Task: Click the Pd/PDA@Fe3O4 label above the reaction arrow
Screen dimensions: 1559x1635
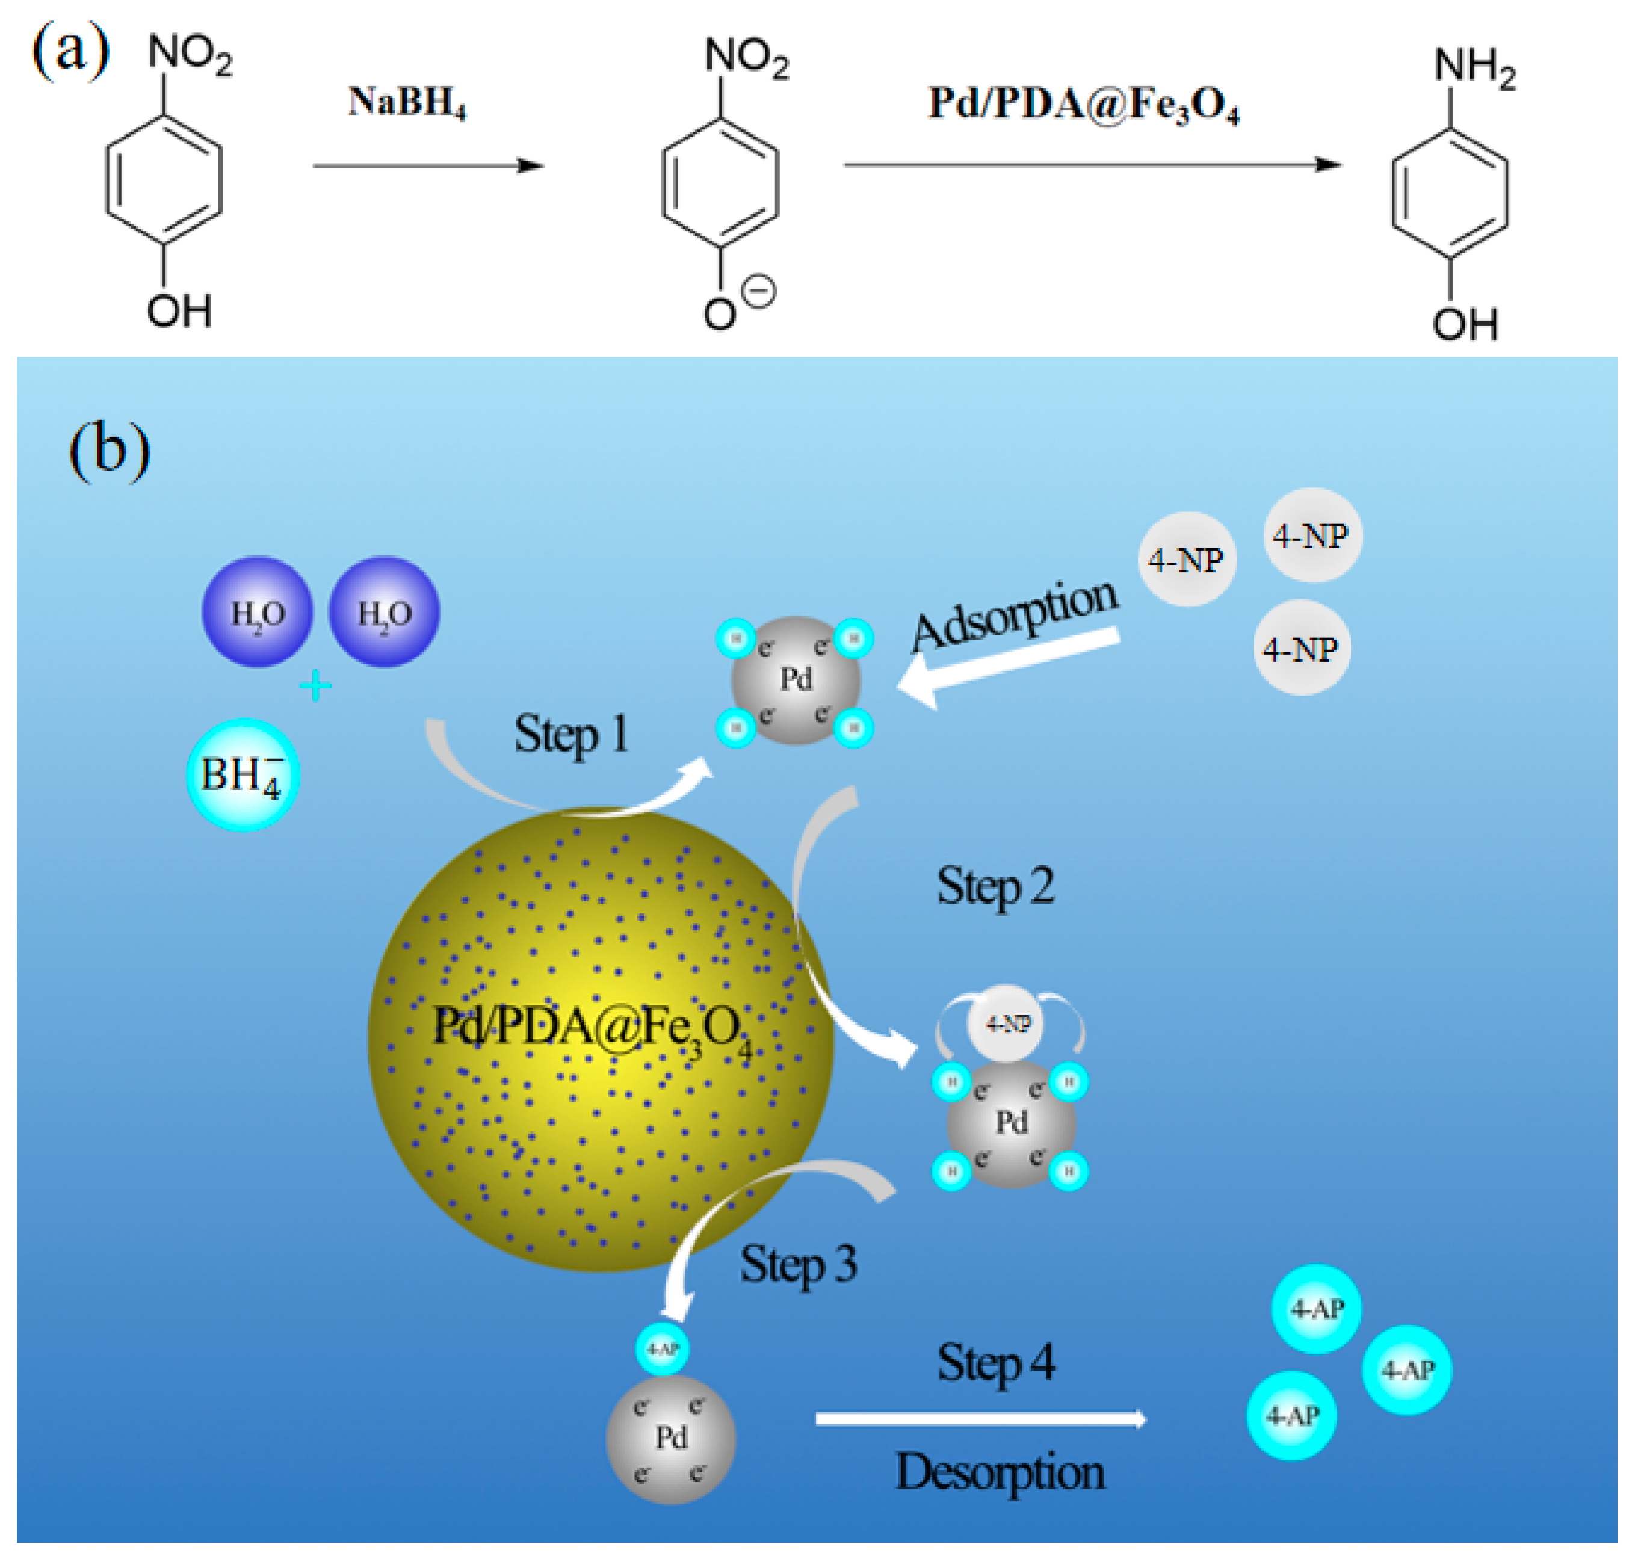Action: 1083,105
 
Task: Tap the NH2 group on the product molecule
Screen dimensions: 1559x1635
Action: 1474,67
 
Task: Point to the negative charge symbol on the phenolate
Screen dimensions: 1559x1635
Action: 758,292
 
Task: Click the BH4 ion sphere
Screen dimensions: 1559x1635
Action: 242,774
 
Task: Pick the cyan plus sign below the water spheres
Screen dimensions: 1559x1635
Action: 315,687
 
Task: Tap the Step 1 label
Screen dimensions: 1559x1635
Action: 571,735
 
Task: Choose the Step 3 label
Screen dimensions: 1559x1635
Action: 798,1265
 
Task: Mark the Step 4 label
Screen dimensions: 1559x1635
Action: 995,1363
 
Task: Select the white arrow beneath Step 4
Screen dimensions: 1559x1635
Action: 980,1419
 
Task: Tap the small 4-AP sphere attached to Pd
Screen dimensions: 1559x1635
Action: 662,1350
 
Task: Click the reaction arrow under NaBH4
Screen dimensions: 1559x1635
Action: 428,165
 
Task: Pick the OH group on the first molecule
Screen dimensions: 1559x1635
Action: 179,312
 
